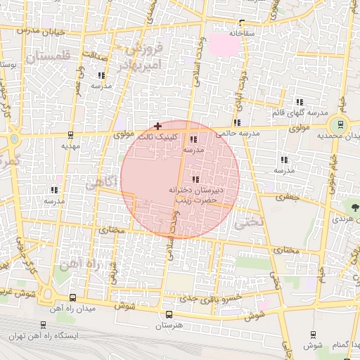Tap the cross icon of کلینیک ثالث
[x=157, y=125]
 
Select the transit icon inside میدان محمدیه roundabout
[x=340, y=124]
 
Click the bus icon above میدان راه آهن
[x=74, y=297]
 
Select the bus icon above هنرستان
[x=167, y=315]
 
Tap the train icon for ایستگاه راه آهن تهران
[x=44, y=326]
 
